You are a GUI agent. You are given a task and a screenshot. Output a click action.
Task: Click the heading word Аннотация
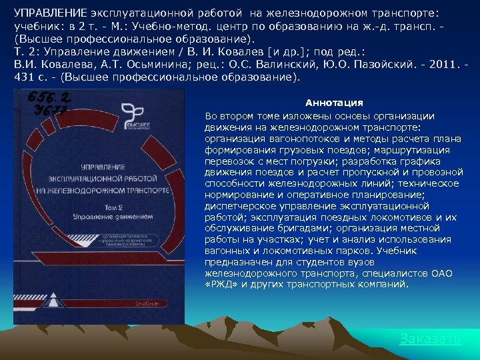(334, 103)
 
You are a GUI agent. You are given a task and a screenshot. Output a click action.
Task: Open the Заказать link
(430, 339)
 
